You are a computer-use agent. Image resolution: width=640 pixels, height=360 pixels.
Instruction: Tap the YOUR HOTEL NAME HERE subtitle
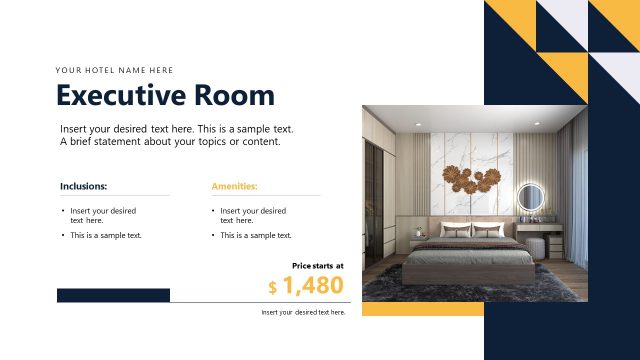point(114,70)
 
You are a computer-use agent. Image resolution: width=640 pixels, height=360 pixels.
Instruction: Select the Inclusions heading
point(83,186)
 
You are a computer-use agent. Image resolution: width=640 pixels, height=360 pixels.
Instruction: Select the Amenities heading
point(234,186)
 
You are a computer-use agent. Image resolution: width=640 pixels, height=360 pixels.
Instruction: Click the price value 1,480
point(313,286)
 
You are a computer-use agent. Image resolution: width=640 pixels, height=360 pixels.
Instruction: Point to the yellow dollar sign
point(273,288)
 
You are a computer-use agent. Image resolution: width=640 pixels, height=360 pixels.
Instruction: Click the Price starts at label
point(317,266)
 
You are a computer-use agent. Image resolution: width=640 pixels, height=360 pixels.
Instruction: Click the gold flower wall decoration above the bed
point(471,180)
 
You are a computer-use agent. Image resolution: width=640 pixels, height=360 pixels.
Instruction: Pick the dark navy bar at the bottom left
point(113,295)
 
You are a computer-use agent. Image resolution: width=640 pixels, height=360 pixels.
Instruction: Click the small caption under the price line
point(303,313)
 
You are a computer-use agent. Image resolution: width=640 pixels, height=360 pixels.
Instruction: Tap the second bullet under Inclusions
point(105,236)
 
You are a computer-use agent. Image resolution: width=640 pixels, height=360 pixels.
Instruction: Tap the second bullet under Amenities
point(255,236)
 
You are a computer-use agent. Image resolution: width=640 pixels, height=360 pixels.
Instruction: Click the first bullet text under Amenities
point(253,215)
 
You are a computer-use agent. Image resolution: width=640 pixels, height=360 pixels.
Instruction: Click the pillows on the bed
point(471,231)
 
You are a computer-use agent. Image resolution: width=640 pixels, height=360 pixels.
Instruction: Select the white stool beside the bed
point(534,247)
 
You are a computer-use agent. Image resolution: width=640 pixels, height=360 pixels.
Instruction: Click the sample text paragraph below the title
point(176,135)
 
